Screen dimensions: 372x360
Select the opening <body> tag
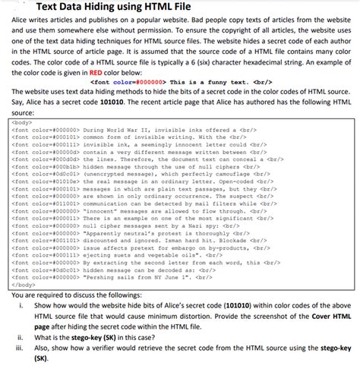coord(22,121)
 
